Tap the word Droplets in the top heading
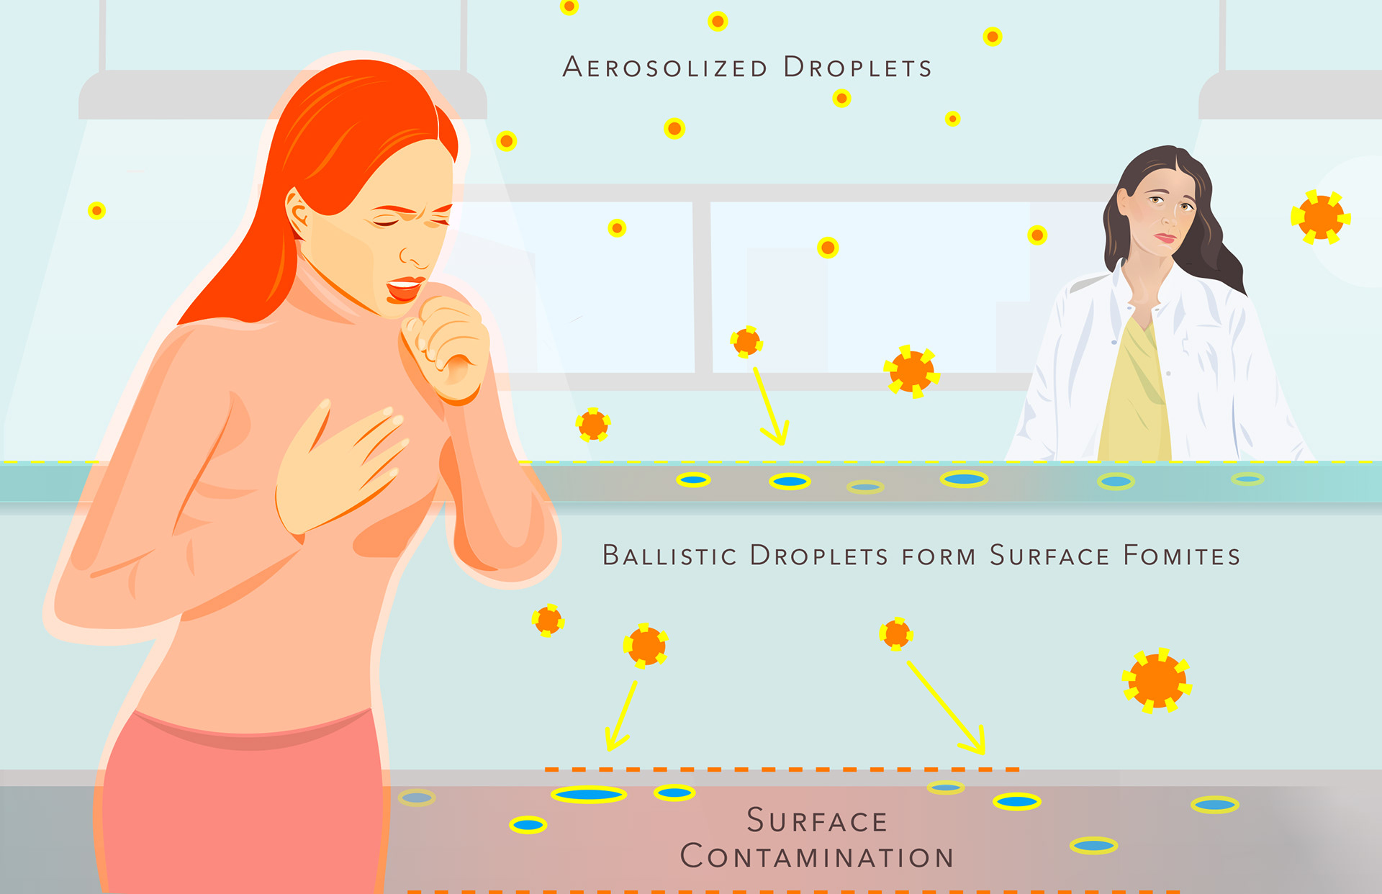click(x=857, y=68)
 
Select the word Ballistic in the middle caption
click(x=669, y=556)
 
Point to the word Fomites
click(x=1181, y=556)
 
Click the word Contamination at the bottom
click(x=817, y=857)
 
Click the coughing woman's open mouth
click(x=405, y=289)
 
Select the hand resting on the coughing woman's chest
click(x=338, y=468)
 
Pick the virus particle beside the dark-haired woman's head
click(x=1320, y=217)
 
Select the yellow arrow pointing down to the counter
click(x=771, y=407)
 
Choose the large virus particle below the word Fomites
click(x=1156, y=681)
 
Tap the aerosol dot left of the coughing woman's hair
click(x=96, y=210)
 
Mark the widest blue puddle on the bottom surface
click(x=589, y=795)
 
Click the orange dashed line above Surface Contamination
click(x=781, y=769)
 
